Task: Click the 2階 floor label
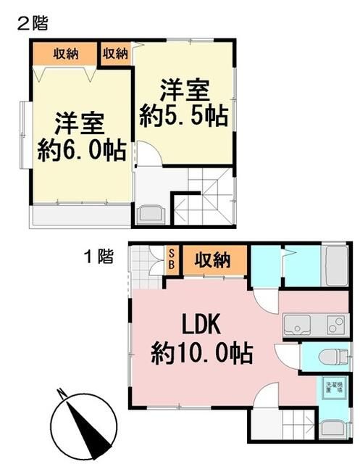tap(32, 24)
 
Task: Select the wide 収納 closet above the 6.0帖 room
tap(65, 54)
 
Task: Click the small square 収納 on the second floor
tap(116, 54)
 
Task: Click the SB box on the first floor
tap(172, 260)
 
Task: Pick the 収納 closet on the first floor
tap(212, 260)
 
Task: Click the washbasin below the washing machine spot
tap(334, 428)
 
